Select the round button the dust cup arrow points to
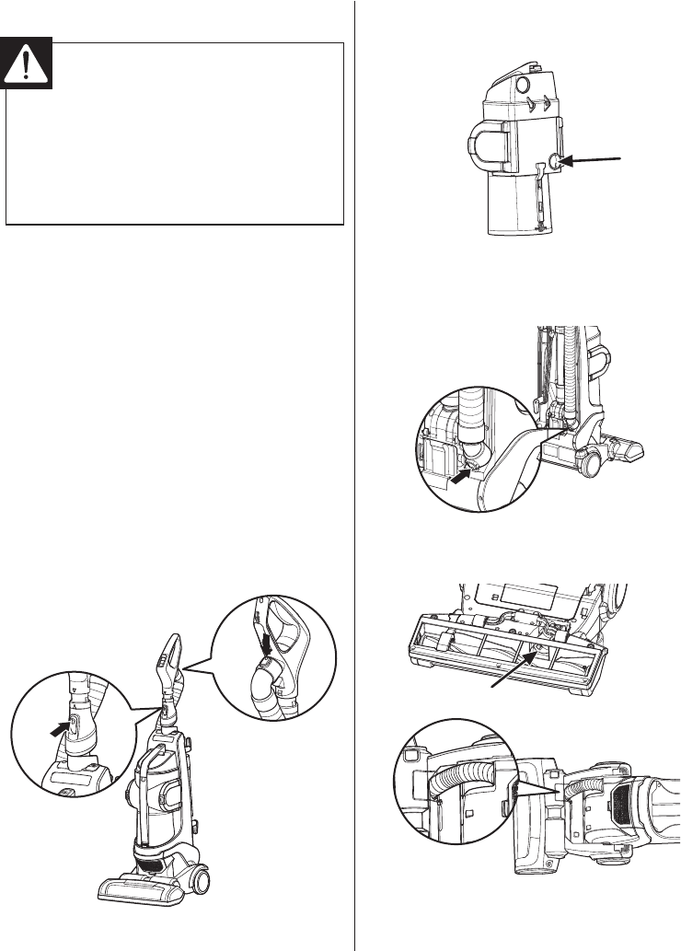[x=555, y=161]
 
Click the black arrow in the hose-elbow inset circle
[x=461, y=476]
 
